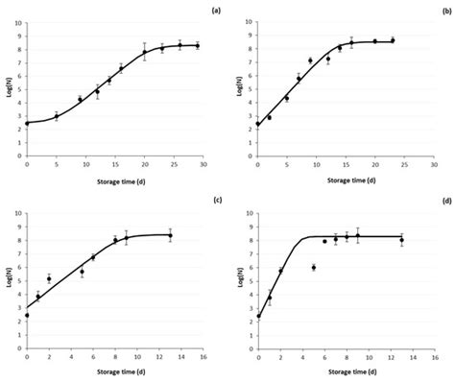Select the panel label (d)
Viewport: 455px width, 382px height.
pos(444,200)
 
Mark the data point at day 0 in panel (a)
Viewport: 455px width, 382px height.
pos(27,123)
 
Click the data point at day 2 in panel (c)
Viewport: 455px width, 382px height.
pos(49,279)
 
